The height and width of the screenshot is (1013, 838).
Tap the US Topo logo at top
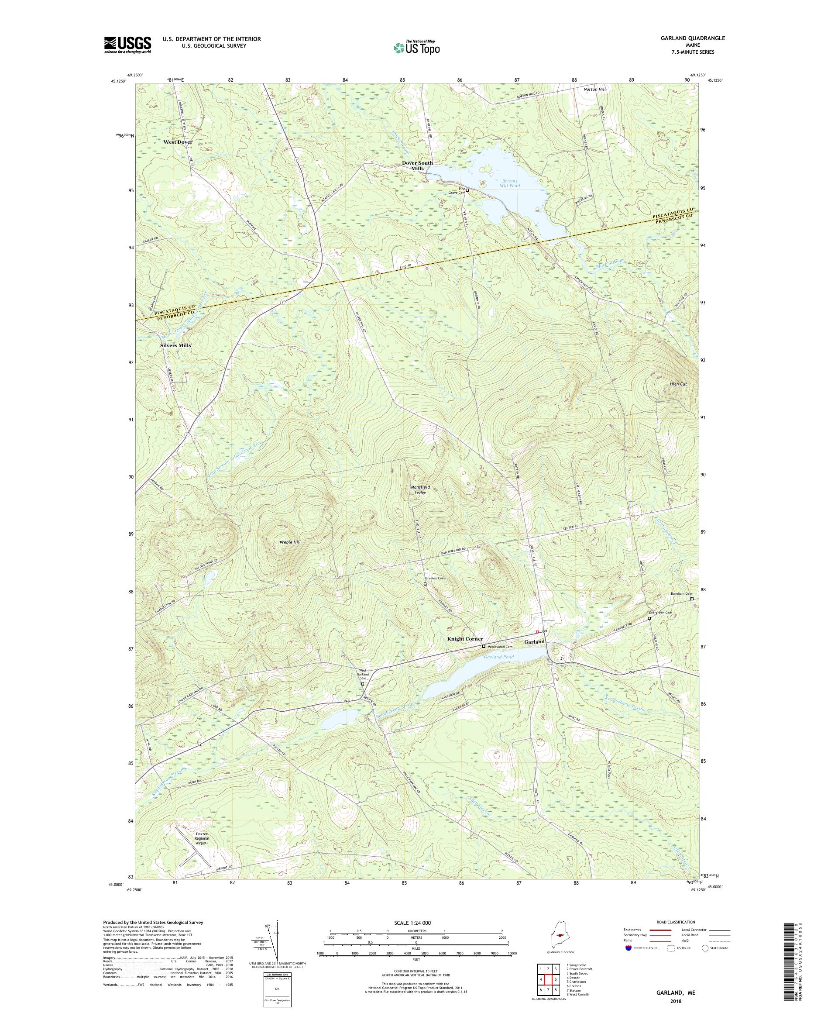click(417, 47)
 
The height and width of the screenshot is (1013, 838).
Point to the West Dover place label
click(178, 142)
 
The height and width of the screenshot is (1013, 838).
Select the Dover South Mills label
click(418, 165)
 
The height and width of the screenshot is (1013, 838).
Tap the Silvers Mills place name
click(175, 345)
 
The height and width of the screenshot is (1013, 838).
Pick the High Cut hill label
click(678, 384)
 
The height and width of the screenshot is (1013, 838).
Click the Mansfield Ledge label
click(418, 489)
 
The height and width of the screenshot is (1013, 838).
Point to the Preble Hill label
click(290, 542)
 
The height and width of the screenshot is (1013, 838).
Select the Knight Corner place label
click(465, 639)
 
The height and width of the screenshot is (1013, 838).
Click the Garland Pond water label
click(499, 657)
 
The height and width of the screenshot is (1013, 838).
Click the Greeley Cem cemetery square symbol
click(425, 584)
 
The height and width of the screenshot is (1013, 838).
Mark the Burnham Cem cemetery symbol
click(691, 599)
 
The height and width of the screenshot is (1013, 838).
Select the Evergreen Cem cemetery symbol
click(649, 618)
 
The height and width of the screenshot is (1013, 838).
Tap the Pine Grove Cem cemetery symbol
click(467, 190)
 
